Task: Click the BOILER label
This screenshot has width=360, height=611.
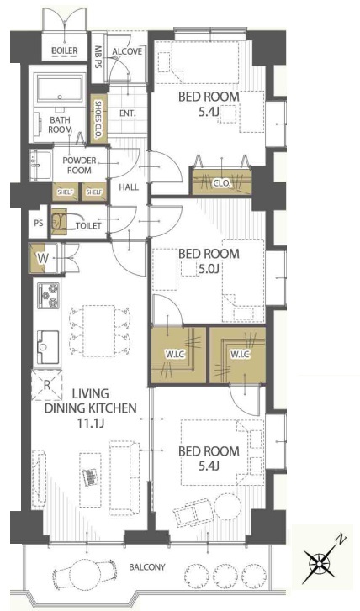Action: point(65,50)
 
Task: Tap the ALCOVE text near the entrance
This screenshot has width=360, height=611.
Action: point(127,51)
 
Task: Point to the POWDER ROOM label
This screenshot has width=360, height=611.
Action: point(79,166)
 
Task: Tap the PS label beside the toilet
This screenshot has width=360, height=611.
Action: point(38,224)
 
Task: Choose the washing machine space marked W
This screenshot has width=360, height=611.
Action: point(43,257)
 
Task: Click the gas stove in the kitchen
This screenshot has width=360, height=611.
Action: point(48,296)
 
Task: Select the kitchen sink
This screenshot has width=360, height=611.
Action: point(48,347)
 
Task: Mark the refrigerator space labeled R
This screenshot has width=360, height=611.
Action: point(47,385)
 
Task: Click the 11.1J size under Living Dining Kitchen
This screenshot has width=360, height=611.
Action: point(91,424)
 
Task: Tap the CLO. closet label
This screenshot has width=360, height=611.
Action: point(222,182)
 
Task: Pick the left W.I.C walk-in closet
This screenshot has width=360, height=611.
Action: point(178,354)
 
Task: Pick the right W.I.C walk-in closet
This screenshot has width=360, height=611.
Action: point(238,354)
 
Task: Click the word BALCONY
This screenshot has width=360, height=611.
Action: point(147,567)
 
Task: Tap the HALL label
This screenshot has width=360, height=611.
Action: point(129,187)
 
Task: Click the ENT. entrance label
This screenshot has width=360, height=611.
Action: point(128,113)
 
